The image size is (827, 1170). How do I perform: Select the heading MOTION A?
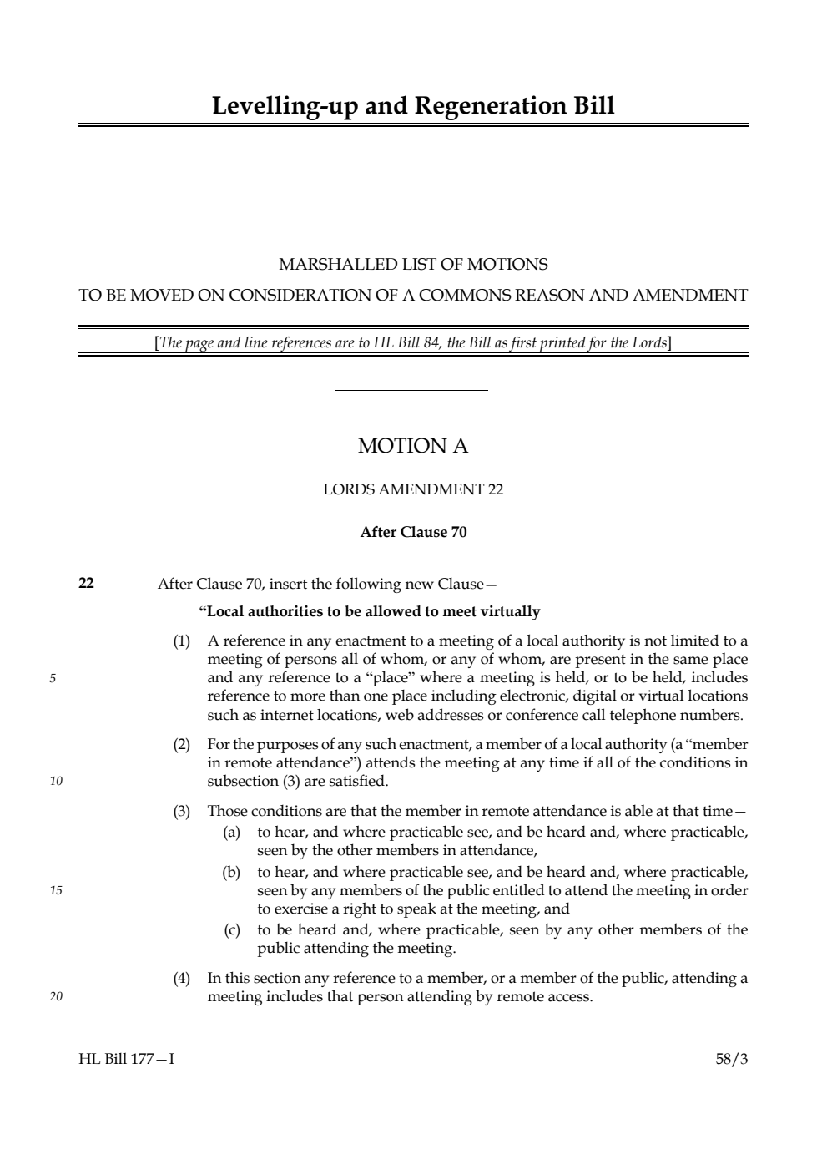413,446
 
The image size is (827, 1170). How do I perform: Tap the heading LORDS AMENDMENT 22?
413,489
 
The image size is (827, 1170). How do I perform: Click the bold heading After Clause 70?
413,532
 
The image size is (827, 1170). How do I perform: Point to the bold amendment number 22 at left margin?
86,583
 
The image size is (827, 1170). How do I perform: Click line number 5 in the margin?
53,678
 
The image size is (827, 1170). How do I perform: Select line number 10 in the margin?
55,782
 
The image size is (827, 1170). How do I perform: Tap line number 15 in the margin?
55,890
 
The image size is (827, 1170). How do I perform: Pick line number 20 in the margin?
55,996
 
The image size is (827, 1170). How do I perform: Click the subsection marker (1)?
181,641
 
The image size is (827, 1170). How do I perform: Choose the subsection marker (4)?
181,978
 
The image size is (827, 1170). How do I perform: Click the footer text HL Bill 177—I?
127,1059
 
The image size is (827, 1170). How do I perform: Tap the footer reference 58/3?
732,1059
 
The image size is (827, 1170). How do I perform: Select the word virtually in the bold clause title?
510,611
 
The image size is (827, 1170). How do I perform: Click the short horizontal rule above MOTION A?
411,390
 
